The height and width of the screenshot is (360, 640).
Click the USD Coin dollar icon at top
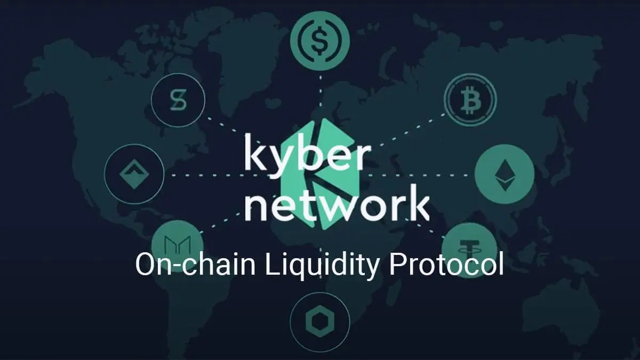pyautogui.click(x=320, y=41)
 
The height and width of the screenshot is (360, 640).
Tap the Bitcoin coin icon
pyautogui.click(x=470, y=99)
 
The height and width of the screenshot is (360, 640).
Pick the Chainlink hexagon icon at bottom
pyautogui.click(x=320, y=322)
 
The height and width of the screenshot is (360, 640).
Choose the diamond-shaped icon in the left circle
pyautogui.click(x=134, y=174)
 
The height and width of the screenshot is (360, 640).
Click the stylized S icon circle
pyautogui.click(x=178, y=100)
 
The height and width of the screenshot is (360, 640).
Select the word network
pyautogui.click(x=337, y=204)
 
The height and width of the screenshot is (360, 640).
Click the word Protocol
pyautogui.click(x=446, y=265)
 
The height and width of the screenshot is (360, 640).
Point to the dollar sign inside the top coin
pyautogui.click(x=320, y=41)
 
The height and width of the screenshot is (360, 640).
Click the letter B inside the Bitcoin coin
pyautogui.click(x=470, y=100)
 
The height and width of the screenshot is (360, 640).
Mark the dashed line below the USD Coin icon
pyautogui.click(x=321, y=94)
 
